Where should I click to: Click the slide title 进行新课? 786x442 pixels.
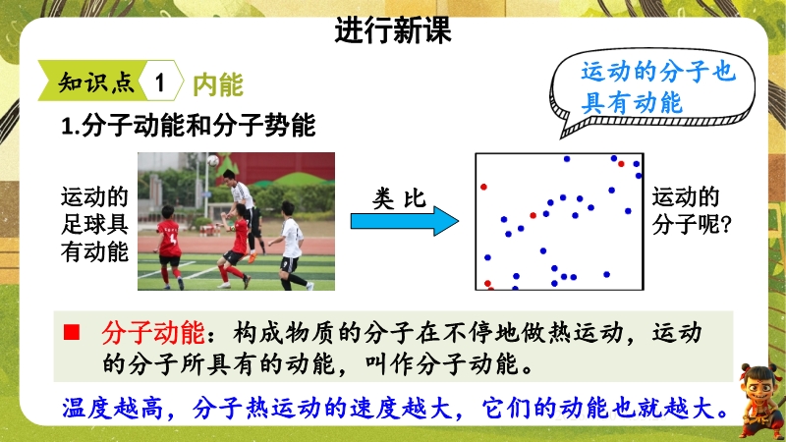click(x=393, y=30)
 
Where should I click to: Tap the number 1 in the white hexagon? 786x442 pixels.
click(x=160, y=83)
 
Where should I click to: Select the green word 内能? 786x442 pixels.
click(x=218, y=84)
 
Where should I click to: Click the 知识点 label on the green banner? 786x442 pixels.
click(x=96, y=83)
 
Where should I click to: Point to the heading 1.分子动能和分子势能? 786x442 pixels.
click(x=189, y=125)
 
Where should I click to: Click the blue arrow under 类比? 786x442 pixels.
click(x=405, y=221)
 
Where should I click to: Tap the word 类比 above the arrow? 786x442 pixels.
click(x=399, y=198)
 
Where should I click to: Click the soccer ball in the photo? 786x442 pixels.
click(x=213, y=160)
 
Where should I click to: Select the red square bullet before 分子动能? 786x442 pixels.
click(x=72, y=332)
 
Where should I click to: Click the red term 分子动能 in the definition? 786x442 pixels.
click(x=153, y=332)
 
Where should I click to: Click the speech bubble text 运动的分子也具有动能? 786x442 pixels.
click(x=657, y=87)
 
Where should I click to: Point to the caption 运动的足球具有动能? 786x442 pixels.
click(x=94, y=224)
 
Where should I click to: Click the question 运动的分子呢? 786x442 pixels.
click(x=692, y=210)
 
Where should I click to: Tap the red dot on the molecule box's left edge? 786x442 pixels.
click(x=483, y=187)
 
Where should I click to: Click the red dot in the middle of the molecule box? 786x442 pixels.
click(x=533, y=215)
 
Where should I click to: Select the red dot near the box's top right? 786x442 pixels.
click(x=621, y=164)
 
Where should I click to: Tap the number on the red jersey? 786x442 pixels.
click(x=173, y=238)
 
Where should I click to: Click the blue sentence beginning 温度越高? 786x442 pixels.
click(x=395, y=409)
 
